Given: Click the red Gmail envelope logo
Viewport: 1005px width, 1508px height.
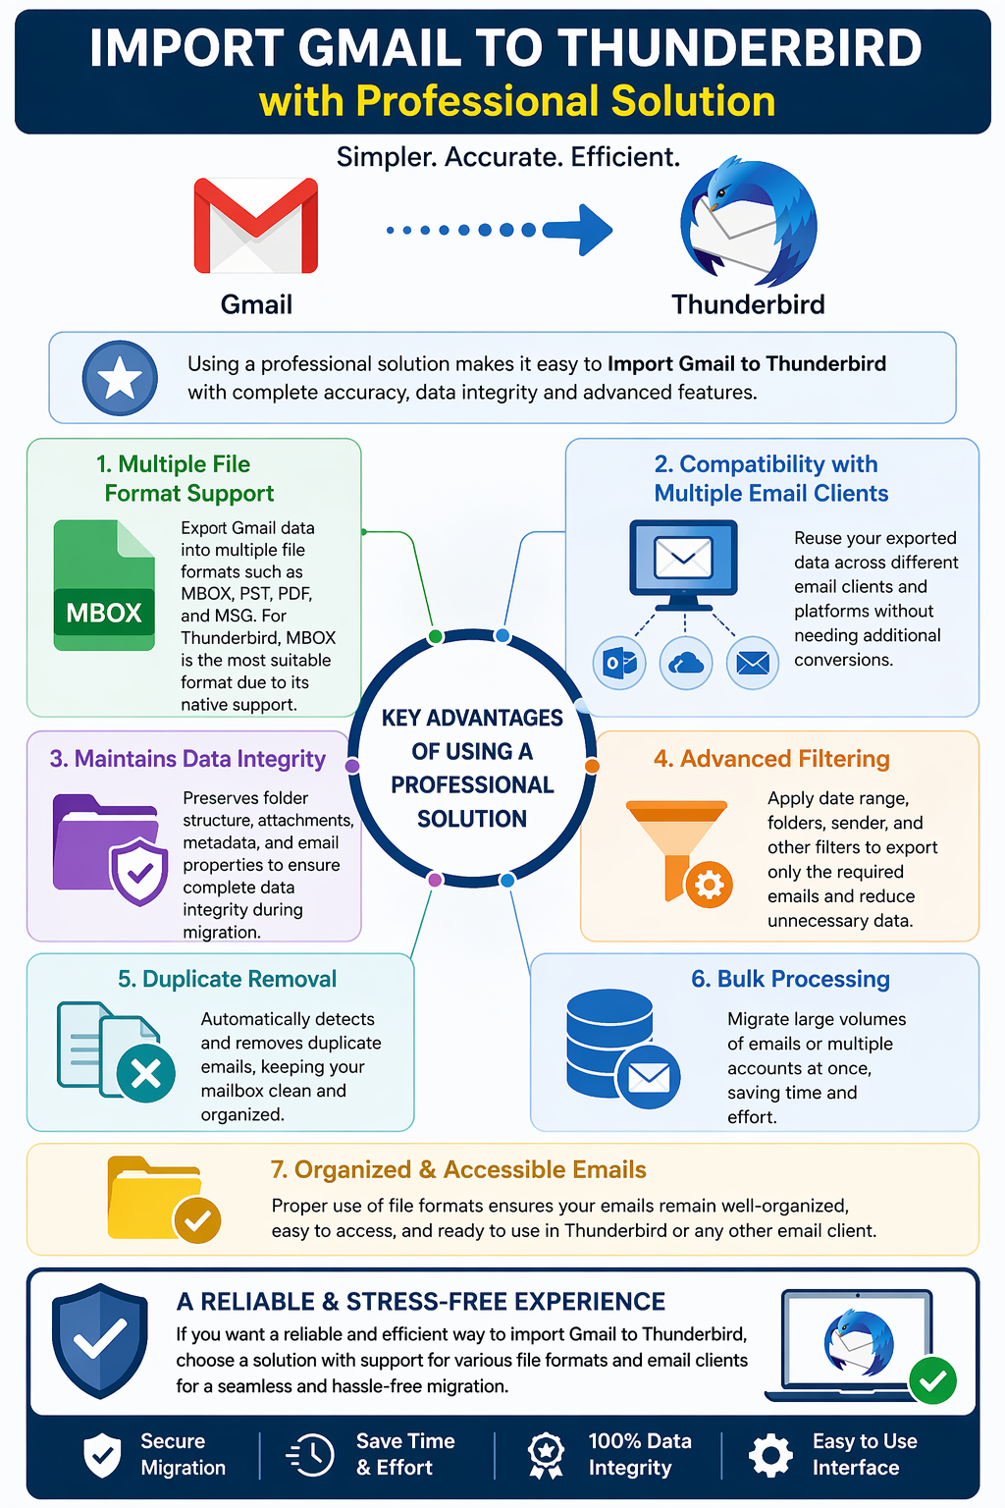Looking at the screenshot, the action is point(256,225).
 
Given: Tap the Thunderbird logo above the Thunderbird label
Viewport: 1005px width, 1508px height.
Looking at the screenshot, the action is point(749,222).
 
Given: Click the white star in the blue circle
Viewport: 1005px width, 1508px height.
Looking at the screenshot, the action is point(120,378).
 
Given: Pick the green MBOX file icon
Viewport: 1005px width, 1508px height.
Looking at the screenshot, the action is point(104,585).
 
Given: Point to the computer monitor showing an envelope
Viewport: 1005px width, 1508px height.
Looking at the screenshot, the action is point(683,565).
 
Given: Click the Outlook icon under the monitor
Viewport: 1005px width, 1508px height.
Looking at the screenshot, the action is point(619,663).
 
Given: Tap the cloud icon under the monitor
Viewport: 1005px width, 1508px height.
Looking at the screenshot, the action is point(686,663).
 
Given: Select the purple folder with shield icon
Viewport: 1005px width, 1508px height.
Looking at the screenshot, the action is point(110,849).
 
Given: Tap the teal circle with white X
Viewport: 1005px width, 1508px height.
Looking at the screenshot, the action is point(146,1073).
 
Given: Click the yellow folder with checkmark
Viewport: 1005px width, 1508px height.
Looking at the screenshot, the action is point(164,1199).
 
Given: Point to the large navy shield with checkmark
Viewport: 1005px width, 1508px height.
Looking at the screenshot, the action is point(100,1340).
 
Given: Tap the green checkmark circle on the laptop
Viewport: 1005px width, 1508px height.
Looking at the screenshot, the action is point(933,1380).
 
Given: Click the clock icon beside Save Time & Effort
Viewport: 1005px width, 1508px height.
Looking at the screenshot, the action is point(310,1455).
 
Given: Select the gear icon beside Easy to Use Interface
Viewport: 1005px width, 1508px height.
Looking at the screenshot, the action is point(770,1455).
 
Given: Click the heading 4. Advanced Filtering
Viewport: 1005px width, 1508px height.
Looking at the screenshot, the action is point(771,759).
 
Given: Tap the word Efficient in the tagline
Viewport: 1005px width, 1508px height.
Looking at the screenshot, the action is point(625,157).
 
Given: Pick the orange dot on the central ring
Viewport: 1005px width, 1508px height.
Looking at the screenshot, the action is point(592,766).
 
